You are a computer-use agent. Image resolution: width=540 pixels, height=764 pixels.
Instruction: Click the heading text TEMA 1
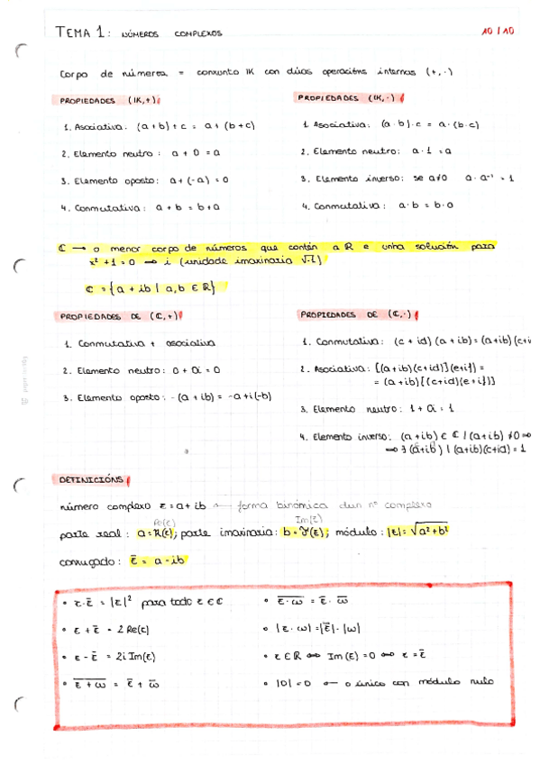point(82,32)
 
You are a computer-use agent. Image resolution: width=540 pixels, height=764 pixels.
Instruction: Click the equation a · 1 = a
point(432,152)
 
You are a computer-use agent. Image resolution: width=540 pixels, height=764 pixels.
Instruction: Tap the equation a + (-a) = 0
point(192,180)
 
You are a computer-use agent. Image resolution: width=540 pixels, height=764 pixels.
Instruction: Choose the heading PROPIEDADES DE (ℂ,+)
point(115,316)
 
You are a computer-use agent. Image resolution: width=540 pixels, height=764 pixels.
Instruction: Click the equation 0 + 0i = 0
point(194,370)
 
